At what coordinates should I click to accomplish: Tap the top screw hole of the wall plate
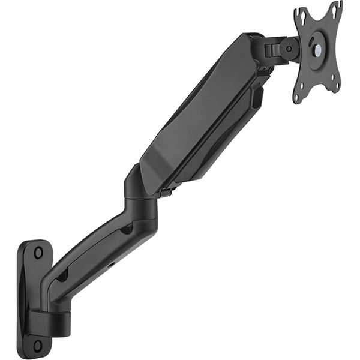coord(38,253)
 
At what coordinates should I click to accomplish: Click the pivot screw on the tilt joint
coord(289,49)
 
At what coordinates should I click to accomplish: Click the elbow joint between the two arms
coord(141,192)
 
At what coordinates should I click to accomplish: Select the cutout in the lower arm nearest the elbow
coord(126,229)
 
